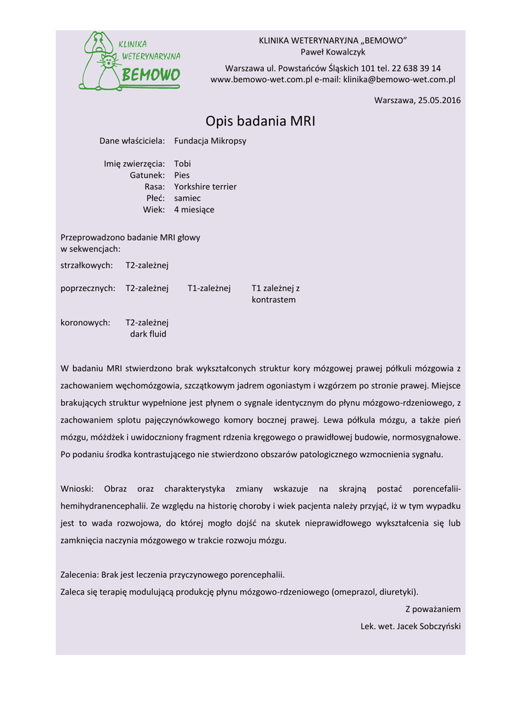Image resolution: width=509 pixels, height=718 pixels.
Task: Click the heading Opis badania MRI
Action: [260, 121]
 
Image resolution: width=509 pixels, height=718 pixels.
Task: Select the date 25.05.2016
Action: [439, 100]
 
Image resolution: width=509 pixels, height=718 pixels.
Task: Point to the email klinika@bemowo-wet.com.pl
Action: [399, 80]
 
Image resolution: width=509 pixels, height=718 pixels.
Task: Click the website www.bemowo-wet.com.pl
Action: [261, 80]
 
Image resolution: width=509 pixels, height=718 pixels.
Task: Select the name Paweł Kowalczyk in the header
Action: [333, 52]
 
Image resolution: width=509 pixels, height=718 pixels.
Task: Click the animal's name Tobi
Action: [183, 164]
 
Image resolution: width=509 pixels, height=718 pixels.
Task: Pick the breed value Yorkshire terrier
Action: [205, 187]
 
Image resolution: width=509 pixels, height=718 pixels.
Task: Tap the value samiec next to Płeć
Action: [187, 198]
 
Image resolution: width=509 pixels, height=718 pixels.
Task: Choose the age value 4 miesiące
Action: [194, 210]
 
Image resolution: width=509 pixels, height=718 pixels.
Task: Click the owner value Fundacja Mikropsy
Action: [210, 141]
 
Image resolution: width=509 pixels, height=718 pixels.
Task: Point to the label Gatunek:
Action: [147, 175]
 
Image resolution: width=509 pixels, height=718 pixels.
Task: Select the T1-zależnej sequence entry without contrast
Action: [209, 288]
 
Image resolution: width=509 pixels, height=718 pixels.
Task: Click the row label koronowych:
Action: [86, 323]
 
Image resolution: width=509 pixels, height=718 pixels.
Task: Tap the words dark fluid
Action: [148, 334]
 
